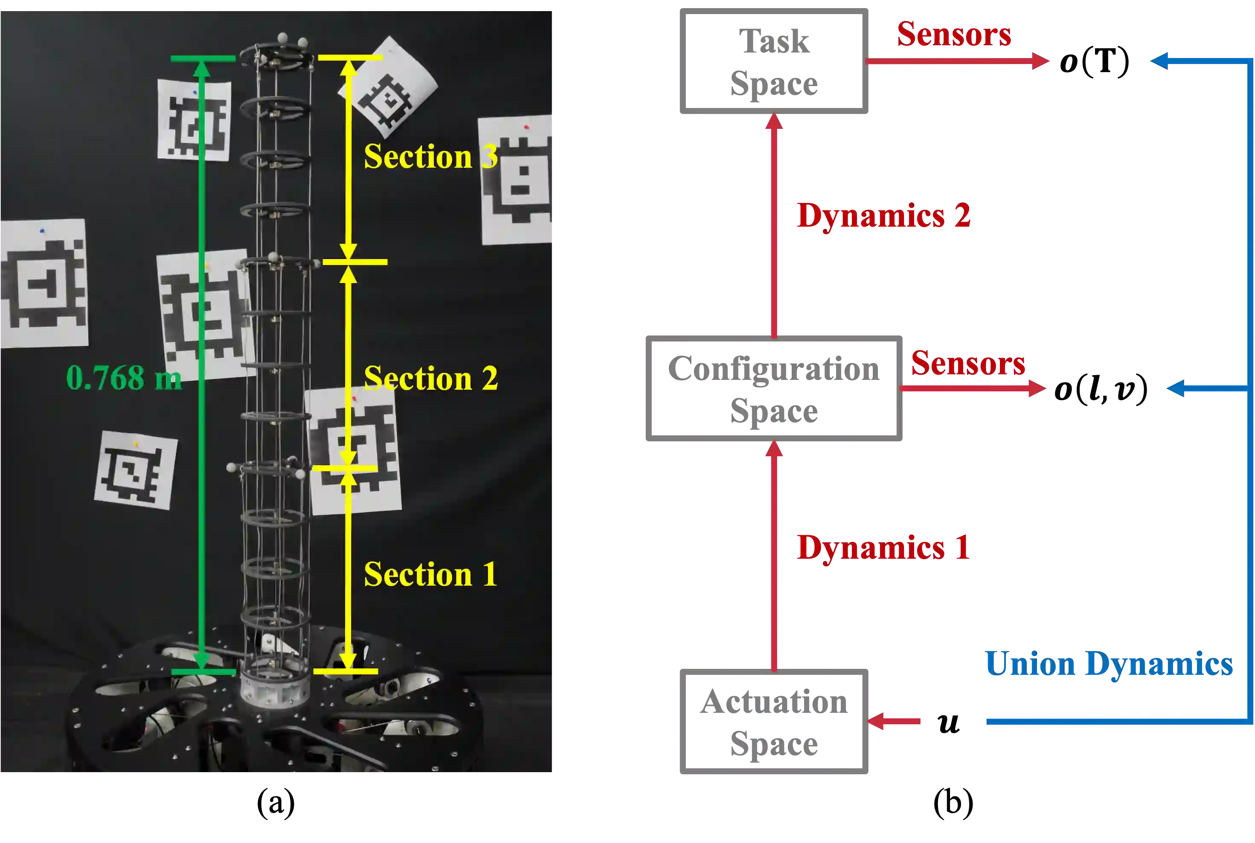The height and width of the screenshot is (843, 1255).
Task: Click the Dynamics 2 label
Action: click(x=884, y=216)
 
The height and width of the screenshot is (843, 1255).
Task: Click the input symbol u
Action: click(x=949, y=723)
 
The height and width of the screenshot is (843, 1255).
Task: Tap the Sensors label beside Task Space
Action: click(x=954, y=35)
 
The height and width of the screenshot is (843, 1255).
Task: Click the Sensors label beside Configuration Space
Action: click(x=968, y=363)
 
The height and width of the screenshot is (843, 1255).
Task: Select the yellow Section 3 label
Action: click(x=431, y=157)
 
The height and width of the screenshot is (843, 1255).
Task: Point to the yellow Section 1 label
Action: click(x=431, y=574)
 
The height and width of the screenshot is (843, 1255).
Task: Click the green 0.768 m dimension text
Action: click(x=124, y=377)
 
